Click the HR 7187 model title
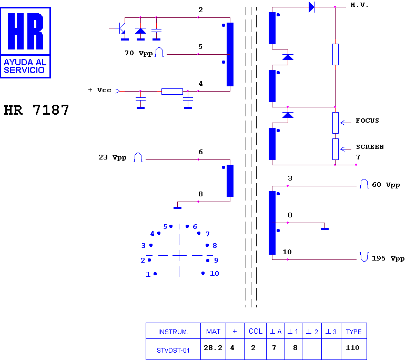[36, 110]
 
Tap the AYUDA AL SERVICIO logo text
[25, 66]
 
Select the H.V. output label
[359, 5]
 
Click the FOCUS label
[367, 121]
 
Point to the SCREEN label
[370, 147]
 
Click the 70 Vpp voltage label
[138, 53]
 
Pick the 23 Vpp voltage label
[113, 157]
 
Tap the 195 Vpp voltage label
[388, 258]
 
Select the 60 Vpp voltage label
[386, 185]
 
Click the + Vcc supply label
[100, 90]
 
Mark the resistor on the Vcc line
[172, 91]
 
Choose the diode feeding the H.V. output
[311, 7]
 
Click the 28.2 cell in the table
[213, 347]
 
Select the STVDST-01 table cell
[173, 351]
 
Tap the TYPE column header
[354, 332]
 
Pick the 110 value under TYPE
[352, 347]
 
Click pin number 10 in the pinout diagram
[215, 274]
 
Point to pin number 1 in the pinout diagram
[148, 274]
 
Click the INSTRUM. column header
[173, 332]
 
